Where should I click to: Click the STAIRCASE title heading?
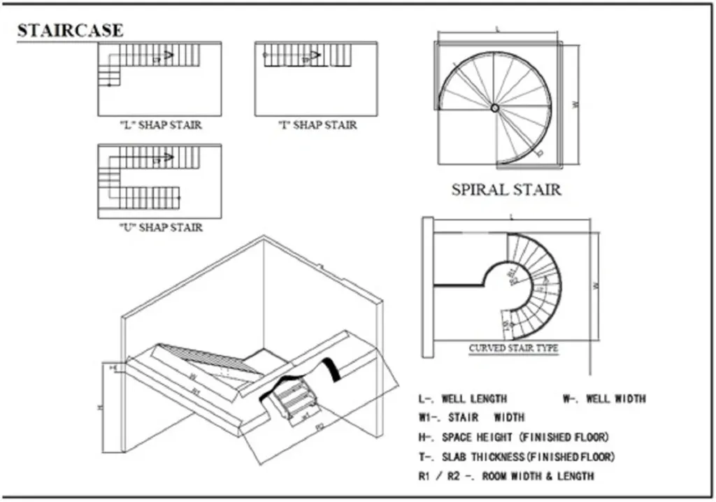click(70, 31)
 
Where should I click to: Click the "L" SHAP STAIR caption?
click(160, 125)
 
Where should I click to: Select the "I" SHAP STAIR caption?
click(317, 125)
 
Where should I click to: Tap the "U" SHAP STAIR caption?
click(160, 227)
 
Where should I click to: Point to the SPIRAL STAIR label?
click(506, 189)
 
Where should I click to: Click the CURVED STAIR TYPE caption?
click(513, 347)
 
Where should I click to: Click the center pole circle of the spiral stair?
click(494, 108)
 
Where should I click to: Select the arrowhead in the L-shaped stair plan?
click(169, 55)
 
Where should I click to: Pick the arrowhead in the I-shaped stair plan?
click(315, 55)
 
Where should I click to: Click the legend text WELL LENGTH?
click(462, 399)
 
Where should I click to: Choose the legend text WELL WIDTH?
click(604, 399)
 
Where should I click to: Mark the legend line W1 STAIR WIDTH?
click(471, 417)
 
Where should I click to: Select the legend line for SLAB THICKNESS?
click(517, 457)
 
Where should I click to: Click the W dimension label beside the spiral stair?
click(575, 105)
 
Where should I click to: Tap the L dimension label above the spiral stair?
click(497, 30)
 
